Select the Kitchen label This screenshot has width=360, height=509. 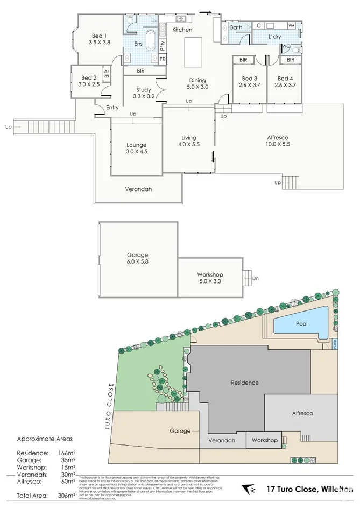(182, 30)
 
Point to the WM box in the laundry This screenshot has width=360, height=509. (291, 25)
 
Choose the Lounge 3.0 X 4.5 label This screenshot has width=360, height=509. (136, 149)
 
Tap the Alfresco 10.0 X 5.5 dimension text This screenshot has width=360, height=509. (278, 144)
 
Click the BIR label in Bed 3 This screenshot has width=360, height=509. (243, 60)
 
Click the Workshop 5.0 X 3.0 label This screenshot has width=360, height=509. (210, 278)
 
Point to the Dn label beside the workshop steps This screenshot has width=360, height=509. (255, 278)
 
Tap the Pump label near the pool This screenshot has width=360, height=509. (334, 343)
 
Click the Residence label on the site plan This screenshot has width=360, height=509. (245, 383)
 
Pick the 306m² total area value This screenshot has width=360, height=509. (64, 494)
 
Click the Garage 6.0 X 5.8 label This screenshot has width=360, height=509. (137, 259)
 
